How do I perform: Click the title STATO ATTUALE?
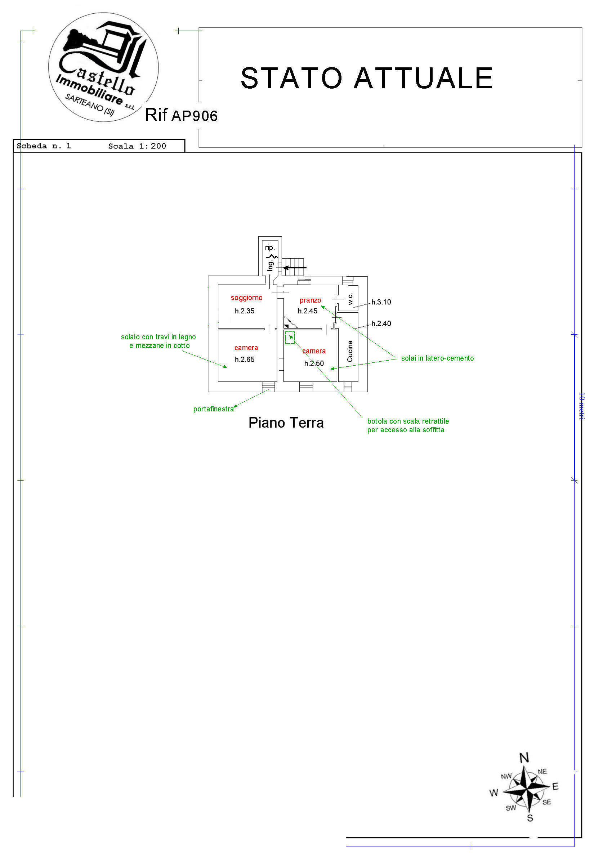(x=367, y=78)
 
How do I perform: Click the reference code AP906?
(x=195, y=116)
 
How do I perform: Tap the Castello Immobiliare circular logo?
(x=103, y=67)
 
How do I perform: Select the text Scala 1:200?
(x=137, y=146)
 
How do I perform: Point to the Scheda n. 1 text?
(x=44, y=146)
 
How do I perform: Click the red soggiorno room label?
(x=246, y=298)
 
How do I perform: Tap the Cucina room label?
(x=349, y=351)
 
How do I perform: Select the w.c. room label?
(x=350, y=298)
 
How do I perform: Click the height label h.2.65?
(x=244, y=360)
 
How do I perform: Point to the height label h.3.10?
(x=381, y=302)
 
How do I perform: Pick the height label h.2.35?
(x=244, y=311)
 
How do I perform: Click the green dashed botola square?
(x=290, y=338)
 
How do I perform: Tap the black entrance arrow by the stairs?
(x=295, y=268)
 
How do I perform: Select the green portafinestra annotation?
(x=214, y=409)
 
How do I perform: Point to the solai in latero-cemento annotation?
(x=437, y=358)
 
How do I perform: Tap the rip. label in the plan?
(x=269, y=247)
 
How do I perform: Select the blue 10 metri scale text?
(x=581, y=406)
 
